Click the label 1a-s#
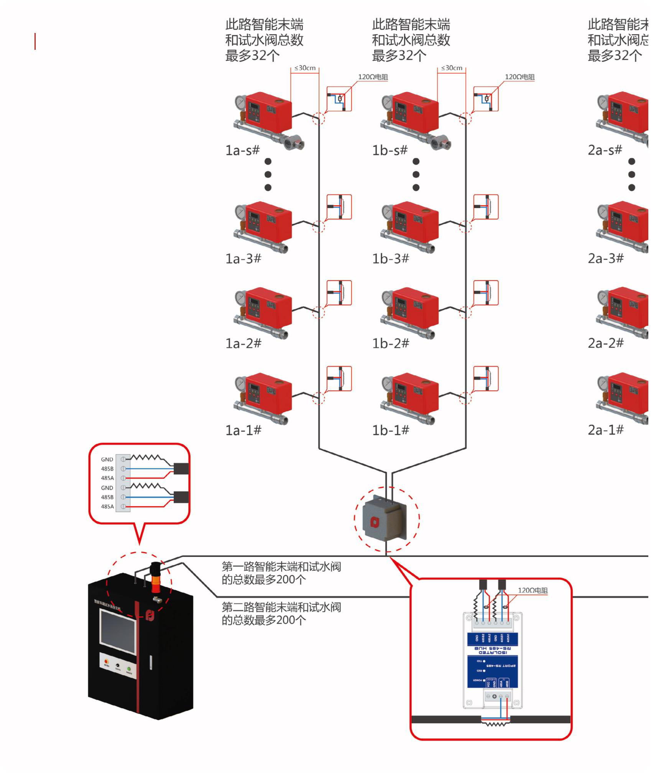pos(242,150)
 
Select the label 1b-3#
pos(390,259)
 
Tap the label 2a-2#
pos(605,343)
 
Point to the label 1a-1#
pos(243,430)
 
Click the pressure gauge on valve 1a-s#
pos(240,102)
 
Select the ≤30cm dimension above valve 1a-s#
pos(305,68)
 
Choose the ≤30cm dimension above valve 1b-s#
pos(452,68)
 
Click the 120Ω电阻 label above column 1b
pos(519,77)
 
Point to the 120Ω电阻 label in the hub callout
pos(533,590)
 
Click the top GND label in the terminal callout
pos(107,459)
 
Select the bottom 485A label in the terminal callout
pos(107,507)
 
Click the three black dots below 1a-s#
pos(268,174)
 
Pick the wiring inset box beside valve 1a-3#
pos(339,207)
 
